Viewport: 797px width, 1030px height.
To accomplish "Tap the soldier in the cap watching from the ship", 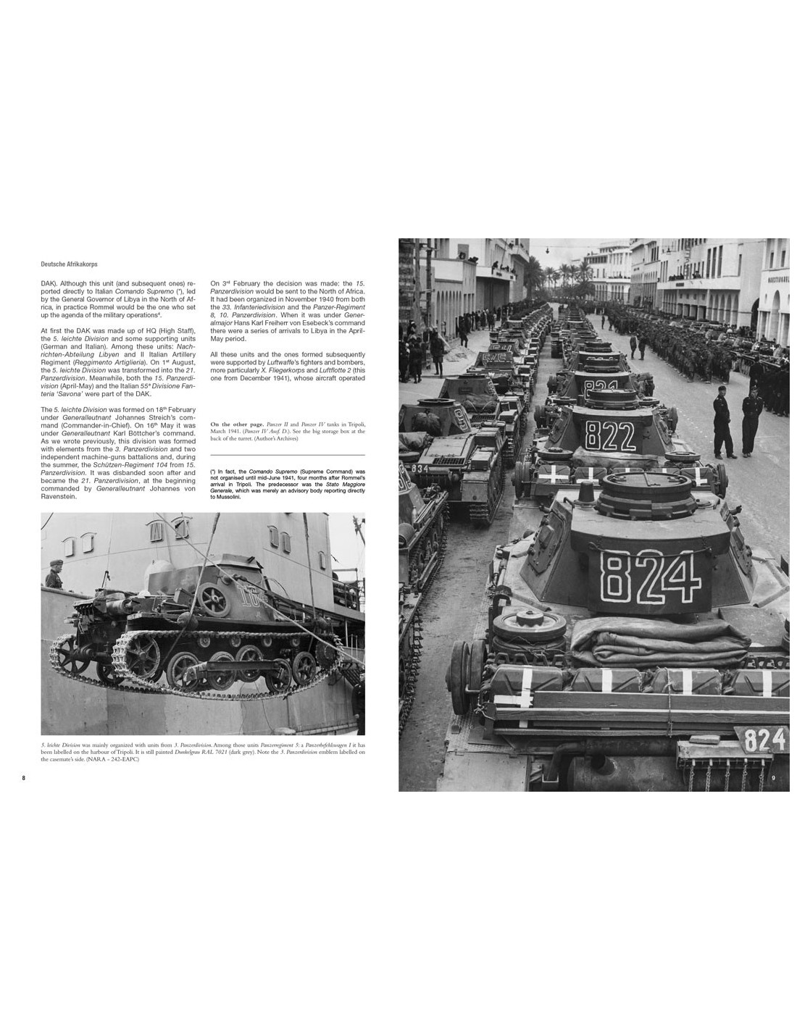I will [54, 573].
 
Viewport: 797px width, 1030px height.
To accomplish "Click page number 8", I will [23, 778].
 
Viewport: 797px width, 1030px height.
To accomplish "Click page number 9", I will [774, 778].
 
